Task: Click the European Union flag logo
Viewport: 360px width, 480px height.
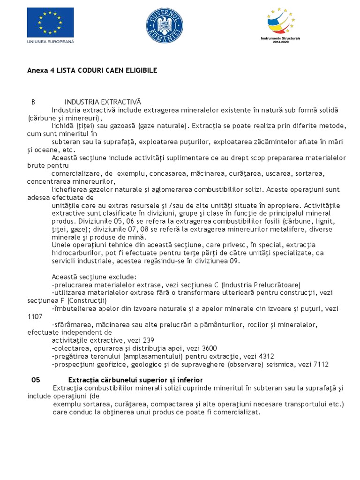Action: [50, 22]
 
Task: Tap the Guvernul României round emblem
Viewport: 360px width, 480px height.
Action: [165, 26]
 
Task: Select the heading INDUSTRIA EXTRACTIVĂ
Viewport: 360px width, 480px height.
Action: [103, 102]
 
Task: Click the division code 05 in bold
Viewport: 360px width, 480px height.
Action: [36, 380]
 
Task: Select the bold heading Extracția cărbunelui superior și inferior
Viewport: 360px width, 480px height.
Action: [135, 380]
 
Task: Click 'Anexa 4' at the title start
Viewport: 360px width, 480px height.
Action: [40, 70]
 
